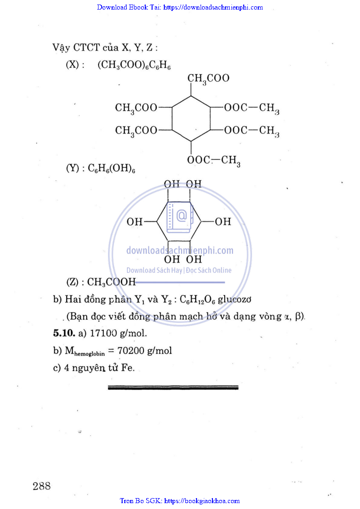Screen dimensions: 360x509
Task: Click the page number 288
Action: (41, 486)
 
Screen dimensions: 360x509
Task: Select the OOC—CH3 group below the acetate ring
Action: (213, 161)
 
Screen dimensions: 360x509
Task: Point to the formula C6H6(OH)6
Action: (111, 168)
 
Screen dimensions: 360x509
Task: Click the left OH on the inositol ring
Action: (135, 222)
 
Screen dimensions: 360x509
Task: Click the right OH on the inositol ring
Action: (222, 222)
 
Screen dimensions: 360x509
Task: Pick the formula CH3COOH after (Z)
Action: (111, 282)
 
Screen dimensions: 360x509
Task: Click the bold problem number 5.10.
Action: (64, 333)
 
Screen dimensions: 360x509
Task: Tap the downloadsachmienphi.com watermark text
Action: (179, 251)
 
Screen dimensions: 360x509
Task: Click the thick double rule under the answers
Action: (173, 387)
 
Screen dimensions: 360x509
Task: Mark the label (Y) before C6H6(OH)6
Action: (73, 168)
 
